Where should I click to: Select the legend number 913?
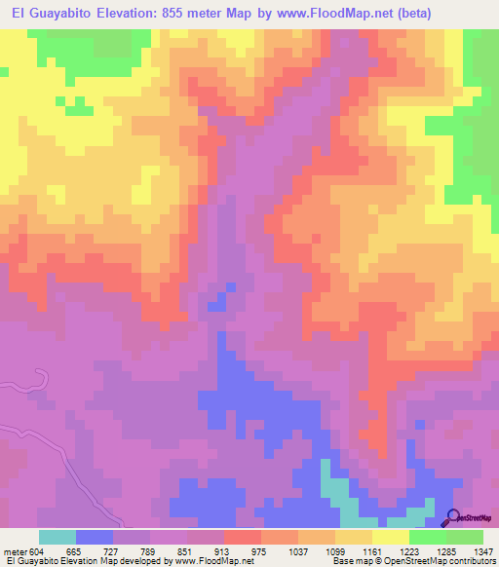coord(224,550)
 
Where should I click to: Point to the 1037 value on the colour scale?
coord(297,550)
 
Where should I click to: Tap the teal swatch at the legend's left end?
coord(58,537)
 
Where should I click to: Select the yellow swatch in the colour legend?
coord(391,537)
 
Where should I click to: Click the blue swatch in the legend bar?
coord(95,537)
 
